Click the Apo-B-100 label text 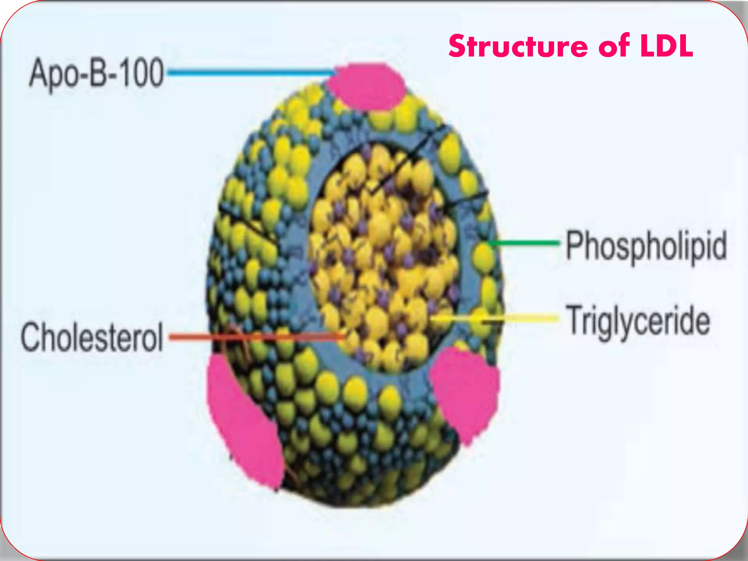tap(96, 74)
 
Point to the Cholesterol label tap(92, 337)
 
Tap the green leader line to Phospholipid tap(526, 243)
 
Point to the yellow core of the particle tap(383, 256)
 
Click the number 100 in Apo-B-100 tap(141, 74)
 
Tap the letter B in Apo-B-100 tap(96, 74)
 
